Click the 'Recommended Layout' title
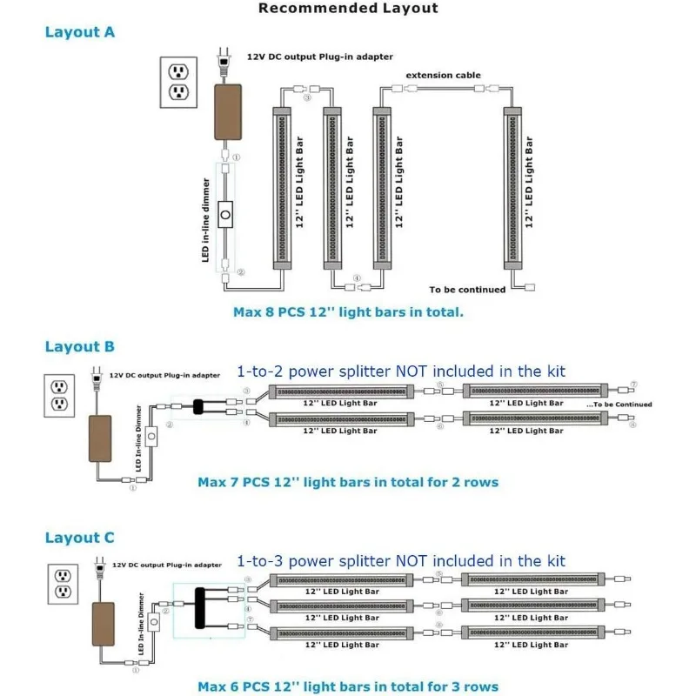348,9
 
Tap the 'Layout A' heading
79,32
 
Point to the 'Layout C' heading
79,539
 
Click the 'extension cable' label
443,76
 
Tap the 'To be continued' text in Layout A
467,290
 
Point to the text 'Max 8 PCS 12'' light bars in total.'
348,311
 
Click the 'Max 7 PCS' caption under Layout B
348,482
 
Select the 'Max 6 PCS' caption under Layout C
348,687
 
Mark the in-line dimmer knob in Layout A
226,214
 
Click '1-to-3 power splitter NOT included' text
401,560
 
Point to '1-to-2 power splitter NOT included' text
401,371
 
